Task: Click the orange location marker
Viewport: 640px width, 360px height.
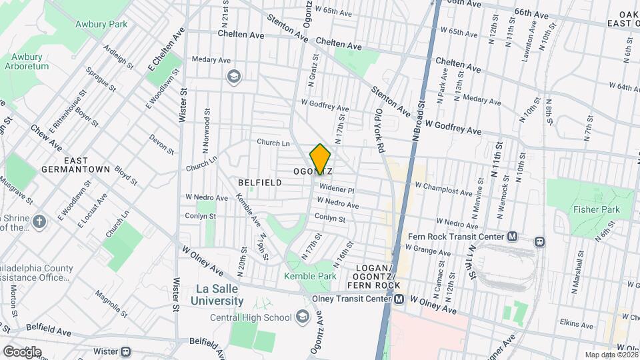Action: coord(321,159)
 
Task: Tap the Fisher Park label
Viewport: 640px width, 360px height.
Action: coord(596,209)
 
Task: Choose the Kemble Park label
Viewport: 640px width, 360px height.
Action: coord(310,276)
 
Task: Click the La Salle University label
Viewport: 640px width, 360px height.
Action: coord(219,295)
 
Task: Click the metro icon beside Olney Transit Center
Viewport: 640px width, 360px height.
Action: coord(399,299)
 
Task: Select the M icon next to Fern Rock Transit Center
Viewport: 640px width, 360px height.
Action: coord(512,236)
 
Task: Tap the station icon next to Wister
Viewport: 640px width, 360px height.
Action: coord(125,351)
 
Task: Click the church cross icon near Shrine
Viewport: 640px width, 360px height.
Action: coord(39,221)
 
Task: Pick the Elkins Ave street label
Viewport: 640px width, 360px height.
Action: coord(577,325)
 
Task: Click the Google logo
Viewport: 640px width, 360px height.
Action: coord(22,351)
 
